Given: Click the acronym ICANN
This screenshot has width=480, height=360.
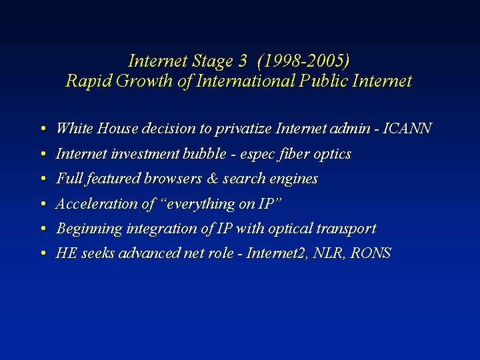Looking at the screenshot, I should tap(409, 128).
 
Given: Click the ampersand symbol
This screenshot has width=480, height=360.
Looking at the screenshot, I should tap(213, 179).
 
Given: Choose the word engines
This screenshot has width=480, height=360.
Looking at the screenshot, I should tap(294, 179).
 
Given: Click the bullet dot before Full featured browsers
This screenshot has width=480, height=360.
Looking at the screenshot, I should tap(42, 179).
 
